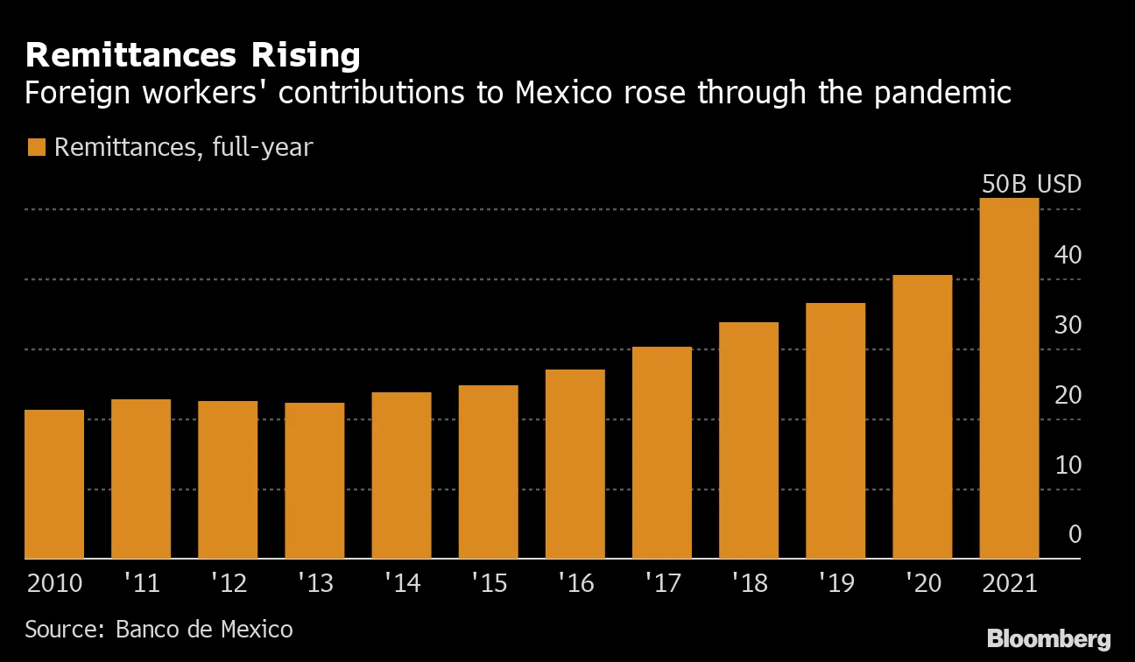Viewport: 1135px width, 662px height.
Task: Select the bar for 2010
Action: click(x=54, y=484)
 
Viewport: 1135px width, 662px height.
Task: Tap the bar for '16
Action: click(x=575, y=464)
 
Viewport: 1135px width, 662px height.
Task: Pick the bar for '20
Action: click(x=922, y=417)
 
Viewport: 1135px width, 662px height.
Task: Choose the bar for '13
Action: click(x=314, y=481)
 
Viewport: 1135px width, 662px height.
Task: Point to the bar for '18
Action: click(x=749, y=440)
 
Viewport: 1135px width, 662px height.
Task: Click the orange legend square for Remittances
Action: click(x=35, y=147)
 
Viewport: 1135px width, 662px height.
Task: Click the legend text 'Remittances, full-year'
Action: click(x=183, y=147)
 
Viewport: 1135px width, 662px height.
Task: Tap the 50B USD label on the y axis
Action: click(x=1030, y=185)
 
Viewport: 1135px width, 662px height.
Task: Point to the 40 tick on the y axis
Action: click(x=1068, y=255)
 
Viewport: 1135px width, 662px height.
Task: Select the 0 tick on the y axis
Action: click(x=1075, y=534)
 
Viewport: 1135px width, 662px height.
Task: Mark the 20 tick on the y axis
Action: click(x=1068, y=395)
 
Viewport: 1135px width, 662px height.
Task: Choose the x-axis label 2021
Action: click(x=1009, y=583)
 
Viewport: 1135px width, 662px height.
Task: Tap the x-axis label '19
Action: click(x=835, y=583)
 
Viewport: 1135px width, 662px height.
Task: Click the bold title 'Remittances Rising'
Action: click(x=193, y=56)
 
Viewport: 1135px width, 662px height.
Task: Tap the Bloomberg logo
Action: click(x=1048, y=638)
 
